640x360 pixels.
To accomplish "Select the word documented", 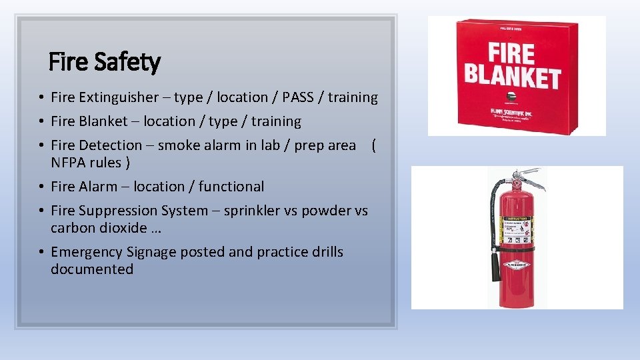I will point(92,269).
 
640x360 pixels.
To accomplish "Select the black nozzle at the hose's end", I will point(495,267).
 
